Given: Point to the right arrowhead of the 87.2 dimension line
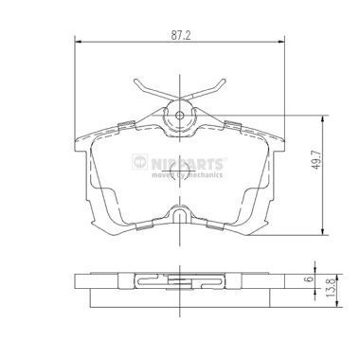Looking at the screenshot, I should point(284,42).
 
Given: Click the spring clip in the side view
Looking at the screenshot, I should point(181,281).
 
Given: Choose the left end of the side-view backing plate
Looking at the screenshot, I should point(76,282).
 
